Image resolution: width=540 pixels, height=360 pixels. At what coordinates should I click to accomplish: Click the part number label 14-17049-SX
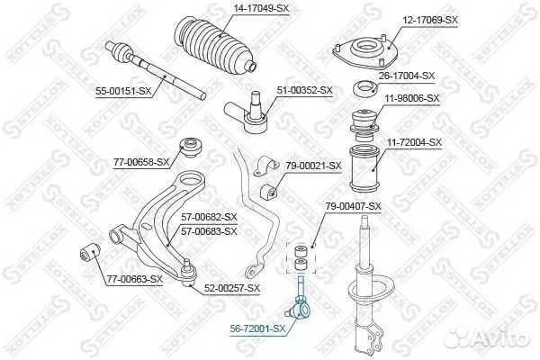(x=261, y=8)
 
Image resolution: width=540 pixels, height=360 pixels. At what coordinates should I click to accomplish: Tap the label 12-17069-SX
(x=430, y=21)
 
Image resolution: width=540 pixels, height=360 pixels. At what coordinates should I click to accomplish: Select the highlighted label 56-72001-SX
(x=258, y=328)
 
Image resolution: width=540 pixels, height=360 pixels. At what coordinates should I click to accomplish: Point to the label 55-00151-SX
(x=123, y=91)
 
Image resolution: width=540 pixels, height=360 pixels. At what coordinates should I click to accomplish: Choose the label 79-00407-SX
(x=354, y=206)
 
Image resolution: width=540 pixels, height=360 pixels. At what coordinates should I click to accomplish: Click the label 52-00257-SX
(x=232, y=288)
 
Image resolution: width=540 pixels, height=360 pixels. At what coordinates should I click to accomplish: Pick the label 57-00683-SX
(x=210, y=231)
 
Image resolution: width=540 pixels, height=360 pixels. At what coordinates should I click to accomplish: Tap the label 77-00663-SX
(x=135, y=279)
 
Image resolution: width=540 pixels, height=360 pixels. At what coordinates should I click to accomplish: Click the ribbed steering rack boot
(x=214, y=46)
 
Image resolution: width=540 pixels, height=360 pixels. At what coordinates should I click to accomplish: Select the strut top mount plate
(x=365, y=51)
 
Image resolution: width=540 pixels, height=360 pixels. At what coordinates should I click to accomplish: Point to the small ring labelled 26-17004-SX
(x=365, y=88)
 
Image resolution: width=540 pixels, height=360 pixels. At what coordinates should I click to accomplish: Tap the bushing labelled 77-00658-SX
(x=192, y=147)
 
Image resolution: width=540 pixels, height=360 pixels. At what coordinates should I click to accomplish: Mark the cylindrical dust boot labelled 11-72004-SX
(x=364, y=169)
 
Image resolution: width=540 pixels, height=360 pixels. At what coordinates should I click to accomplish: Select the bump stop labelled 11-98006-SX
(x=364, y=125)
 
